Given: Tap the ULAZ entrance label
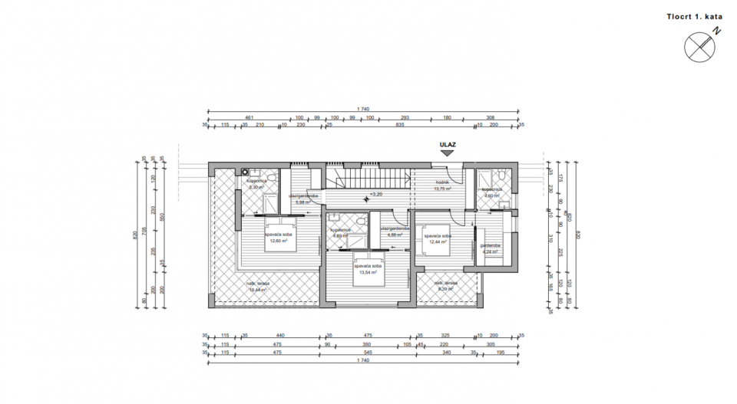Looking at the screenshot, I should coord(447,143).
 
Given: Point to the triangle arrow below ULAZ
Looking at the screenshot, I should coord(447,153).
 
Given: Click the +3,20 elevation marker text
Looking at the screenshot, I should coord(376,195).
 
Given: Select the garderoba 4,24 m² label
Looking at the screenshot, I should coord(491,248).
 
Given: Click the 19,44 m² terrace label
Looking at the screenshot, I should coord(256,287).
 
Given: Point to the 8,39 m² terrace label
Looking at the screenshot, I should coord(448,287).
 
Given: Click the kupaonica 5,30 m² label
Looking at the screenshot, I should coord(256,184).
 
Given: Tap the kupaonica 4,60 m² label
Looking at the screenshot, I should coord(491,192).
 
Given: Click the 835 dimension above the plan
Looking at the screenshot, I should coord(399,125).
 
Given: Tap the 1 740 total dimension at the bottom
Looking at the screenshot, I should coord(365,361).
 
